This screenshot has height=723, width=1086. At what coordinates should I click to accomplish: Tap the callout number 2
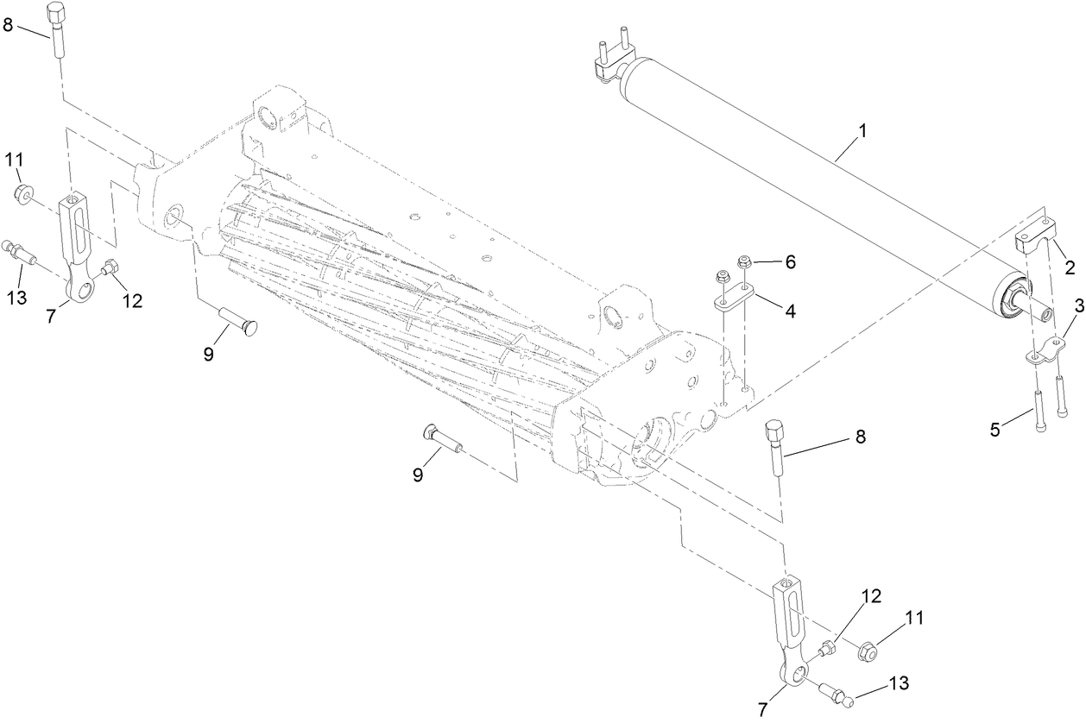click(1069, 268)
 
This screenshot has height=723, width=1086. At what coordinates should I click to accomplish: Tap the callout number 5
click(995, 429)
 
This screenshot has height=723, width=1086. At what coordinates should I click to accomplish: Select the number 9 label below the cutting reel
click(417, 474)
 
